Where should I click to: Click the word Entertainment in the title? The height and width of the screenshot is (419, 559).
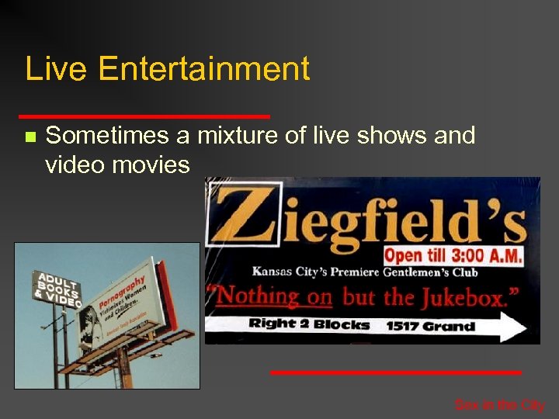click(x=204, y=69)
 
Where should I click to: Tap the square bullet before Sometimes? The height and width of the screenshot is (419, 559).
click(x=30, y=137)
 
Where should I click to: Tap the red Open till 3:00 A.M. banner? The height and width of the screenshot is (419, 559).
click(x=454, y=255)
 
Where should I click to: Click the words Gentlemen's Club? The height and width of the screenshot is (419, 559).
click(x=439, y=272)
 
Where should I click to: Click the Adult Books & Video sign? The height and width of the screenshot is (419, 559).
click(x=56, y=288)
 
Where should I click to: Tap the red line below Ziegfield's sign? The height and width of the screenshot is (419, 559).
click(x=395, y=372)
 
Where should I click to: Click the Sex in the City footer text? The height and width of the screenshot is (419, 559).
click(x=499, y=405)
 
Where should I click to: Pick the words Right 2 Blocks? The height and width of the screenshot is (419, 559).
click(x=309, y=324)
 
